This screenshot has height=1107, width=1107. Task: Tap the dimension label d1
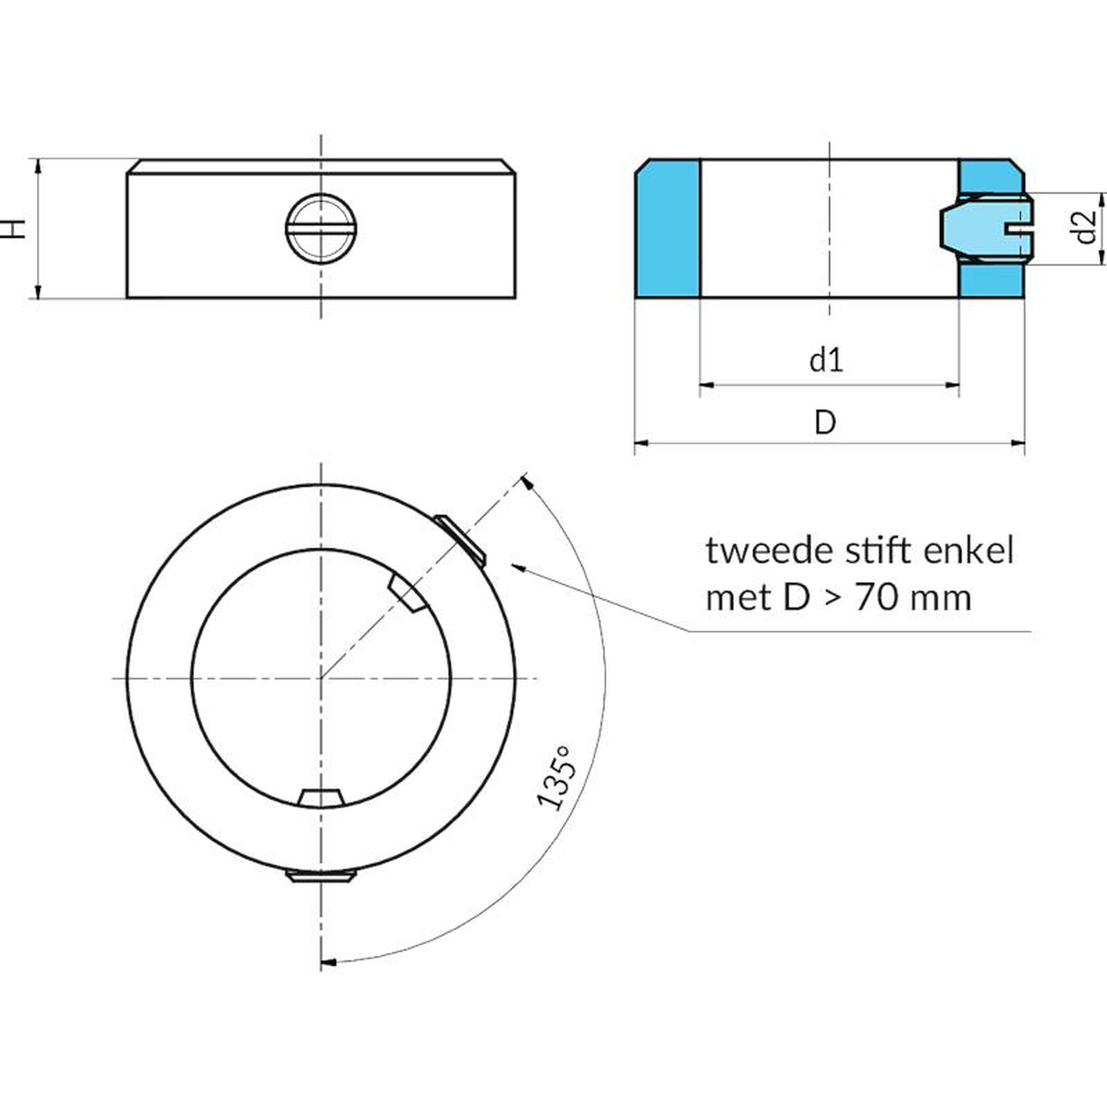[827, 360]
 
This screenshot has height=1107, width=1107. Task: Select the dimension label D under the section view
[825, 422]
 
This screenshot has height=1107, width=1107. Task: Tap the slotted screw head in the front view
[320, 228]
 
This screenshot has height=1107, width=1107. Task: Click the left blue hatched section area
[668, 228]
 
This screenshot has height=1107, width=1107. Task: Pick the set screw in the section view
[986, 228]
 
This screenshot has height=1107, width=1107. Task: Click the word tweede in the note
[759, 551]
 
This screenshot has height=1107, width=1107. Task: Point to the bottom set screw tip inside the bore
[321, 798]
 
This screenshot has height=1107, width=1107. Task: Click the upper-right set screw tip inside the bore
[405, 594]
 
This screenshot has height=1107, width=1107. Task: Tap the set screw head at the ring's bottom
[321, 877]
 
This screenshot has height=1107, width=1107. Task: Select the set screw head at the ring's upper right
[461, 538]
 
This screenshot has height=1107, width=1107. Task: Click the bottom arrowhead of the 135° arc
[329, 962]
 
